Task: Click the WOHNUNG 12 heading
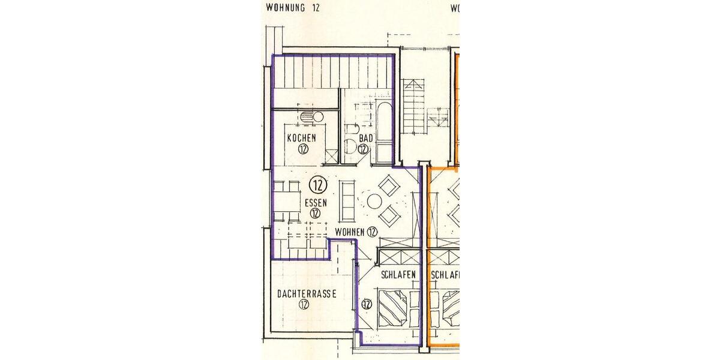[x=293, y=8]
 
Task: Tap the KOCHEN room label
[x=301, y=138]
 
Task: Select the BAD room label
[x=366, y=138]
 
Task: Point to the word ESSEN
[x=316, y=202]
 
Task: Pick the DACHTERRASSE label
[x=306, y=294]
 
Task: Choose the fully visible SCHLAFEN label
[x=398, y=275]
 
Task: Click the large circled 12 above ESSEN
[x=318, y=184]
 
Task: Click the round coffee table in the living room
[x=374, y=201]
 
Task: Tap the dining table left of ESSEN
[x=287, y=199]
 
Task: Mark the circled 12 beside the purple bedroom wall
[x=367, y=304]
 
